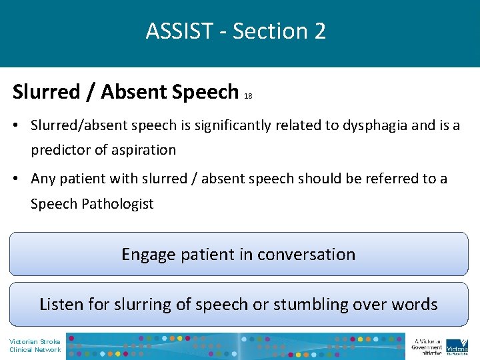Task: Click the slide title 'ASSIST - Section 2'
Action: pos(236,31)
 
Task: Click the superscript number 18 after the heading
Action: pos(248,96)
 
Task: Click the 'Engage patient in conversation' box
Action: pos(239,254)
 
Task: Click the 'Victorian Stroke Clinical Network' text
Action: pos(35,346)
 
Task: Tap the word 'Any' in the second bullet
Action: pos(43,179)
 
